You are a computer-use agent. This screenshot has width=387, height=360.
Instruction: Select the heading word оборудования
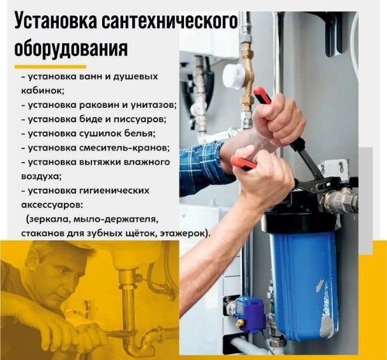[71, 49]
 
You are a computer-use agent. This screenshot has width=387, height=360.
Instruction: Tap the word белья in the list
[140, 133]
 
